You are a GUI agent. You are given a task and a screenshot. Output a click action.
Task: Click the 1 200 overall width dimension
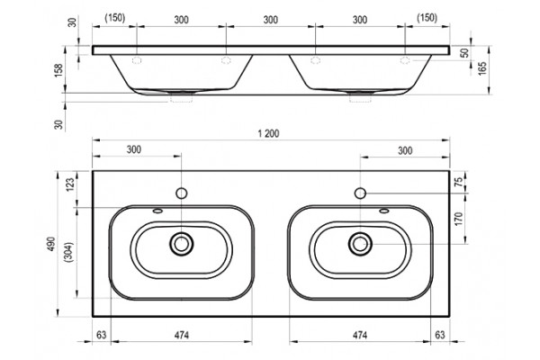point(268,134)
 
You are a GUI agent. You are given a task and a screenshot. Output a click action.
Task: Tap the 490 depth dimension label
point(51,244)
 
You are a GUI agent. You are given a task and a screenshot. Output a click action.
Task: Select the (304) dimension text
point(69,252)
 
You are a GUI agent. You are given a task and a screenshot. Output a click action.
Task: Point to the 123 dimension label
point(70,185)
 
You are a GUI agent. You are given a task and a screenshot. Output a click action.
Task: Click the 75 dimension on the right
point(458,182)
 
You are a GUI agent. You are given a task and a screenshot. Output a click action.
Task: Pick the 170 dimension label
point(458,219)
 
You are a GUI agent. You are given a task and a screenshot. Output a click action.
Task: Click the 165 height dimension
point(482,67)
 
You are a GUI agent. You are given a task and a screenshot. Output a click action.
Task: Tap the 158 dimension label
point(58,70)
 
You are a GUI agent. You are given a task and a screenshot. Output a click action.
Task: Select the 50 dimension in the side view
point(465,53)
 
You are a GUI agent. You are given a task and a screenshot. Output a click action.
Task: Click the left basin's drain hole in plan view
point(181,244)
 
